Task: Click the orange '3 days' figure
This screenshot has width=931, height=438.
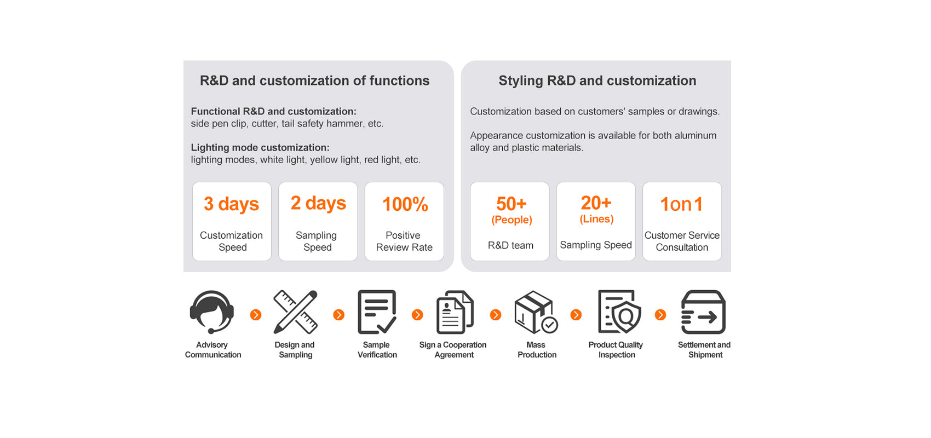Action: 232,204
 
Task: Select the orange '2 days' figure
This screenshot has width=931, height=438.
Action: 318,203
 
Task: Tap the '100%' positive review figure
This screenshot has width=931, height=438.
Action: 405,204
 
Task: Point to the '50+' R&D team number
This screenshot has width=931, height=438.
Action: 511,204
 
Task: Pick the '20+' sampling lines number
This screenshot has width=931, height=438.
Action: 596,203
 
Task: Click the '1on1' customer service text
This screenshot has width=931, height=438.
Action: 682,204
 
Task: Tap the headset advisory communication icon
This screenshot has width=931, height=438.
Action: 212,312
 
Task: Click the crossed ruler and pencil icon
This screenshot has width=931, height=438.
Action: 296,312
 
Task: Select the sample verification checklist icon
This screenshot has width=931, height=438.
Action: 377,312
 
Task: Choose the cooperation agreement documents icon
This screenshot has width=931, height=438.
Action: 455,312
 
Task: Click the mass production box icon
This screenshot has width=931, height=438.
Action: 536,312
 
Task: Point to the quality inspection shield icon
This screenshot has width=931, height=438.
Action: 619,312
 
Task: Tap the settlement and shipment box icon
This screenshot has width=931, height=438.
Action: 703,312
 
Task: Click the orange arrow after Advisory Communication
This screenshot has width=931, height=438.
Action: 256,315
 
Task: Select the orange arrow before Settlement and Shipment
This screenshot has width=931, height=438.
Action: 660,315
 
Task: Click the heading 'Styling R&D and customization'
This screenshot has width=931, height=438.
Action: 597,80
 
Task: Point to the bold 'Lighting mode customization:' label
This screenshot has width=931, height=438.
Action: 260,147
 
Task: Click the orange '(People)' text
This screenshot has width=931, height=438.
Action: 512,220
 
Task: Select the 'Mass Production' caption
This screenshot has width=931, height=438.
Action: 537,350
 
